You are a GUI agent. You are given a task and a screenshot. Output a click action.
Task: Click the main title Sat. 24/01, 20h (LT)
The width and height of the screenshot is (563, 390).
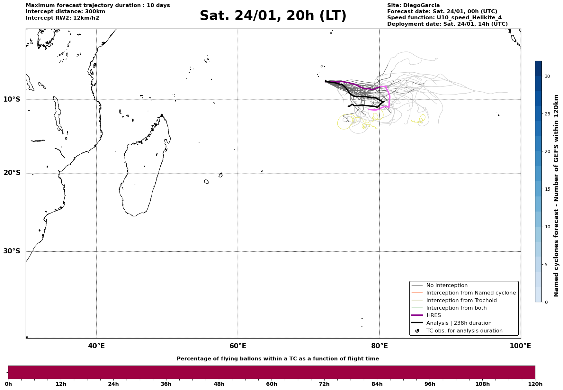click(273, 16)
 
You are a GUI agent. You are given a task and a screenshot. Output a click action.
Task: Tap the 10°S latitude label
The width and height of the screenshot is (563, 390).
click(12, 99)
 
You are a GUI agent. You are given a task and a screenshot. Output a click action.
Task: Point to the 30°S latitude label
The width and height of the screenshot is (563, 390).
click(12, 251)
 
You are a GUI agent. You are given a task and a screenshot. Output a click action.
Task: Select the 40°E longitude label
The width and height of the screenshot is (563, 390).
click(96, 346)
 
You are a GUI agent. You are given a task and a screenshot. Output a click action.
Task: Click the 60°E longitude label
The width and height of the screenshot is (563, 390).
click(238, 346)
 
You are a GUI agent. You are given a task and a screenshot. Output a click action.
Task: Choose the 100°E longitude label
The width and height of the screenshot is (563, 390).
click(520, 346)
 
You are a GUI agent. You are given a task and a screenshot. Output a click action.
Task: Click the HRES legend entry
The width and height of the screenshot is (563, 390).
click(433, 315)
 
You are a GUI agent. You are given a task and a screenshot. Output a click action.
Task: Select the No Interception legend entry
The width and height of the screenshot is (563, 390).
click(447, 286)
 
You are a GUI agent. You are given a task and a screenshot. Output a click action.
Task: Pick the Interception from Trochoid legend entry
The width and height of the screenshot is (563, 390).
click(461, 301)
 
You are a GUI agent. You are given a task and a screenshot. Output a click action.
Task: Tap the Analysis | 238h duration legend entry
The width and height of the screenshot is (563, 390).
click(459, 323)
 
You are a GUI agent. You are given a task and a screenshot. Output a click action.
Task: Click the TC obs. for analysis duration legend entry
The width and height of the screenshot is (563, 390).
click(464, 331)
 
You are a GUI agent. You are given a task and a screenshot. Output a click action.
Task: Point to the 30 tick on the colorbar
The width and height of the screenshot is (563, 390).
click(547, 76)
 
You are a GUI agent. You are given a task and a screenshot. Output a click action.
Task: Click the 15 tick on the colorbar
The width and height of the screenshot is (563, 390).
click(547, 189)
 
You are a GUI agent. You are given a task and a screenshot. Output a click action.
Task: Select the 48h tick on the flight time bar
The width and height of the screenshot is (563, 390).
click(219, 384)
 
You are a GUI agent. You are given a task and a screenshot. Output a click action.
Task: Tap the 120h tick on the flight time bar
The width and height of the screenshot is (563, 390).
click(535, 384)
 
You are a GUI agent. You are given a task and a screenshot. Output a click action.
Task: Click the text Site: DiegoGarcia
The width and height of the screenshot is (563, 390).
click(413, 5)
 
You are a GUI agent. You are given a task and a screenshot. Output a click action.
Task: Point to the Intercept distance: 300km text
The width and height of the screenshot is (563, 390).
click(65, 12)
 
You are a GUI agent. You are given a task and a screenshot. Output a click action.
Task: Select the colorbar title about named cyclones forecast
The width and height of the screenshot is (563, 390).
click(556, 195)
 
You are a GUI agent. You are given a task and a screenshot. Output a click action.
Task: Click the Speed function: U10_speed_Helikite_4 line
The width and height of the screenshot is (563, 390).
click(444, 18)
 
